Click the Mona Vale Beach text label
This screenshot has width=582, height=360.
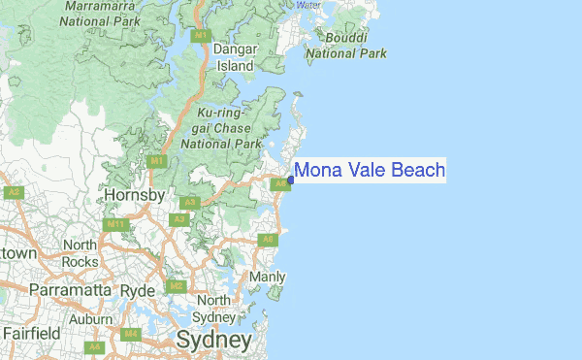click(x=369, y=171)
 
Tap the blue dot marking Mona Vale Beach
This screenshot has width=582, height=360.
click(x=291, y=180)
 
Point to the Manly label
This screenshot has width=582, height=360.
click(x=267, y=277)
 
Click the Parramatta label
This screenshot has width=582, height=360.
click(x=72, y=290)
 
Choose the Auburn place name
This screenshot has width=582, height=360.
click(x=91, y=318)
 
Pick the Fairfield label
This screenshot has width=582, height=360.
click(x=30, y=333)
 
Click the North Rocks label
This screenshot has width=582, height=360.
click(x=80, y=253)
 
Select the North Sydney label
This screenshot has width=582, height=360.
click(x=213, y=309)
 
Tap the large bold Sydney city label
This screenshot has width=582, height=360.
click(x=214, y=340)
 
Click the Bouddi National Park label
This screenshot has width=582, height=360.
click(x=346, y=46)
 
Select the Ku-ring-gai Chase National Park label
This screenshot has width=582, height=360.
click(x=219, y=127)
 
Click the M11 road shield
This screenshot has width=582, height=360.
click(x=116, y=224)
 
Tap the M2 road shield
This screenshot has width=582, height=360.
click(x=176, y=286)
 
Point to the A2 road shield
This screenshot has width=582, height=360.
click(x=14, y=192)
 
